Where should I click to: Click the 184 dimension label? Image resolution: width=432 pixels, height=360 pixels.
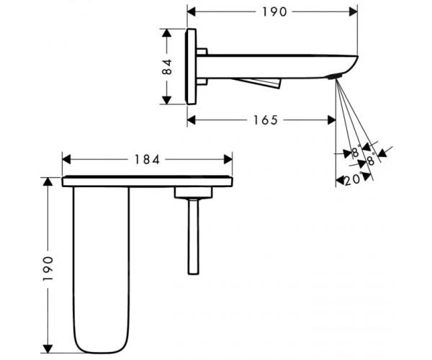click(148, 158)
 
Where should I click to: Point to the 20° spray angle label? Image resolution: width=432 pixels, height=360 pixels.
click(352, 181)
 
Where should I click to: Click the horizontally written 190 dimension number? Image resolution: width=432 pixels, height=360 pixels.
click(274, 12)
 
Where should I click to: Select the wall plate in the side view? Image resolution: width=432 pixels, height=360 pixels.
click(192, 68)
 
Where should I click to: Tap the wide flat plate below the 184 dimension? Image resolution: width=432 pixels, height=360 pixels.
click(148, 181)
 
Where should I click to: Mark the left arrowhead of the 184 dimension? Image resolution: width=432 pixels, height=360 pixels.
click(67, 158)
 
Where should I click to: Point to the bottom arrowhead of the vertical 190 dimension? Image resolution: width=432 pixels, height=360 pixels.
click(48, 346)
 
